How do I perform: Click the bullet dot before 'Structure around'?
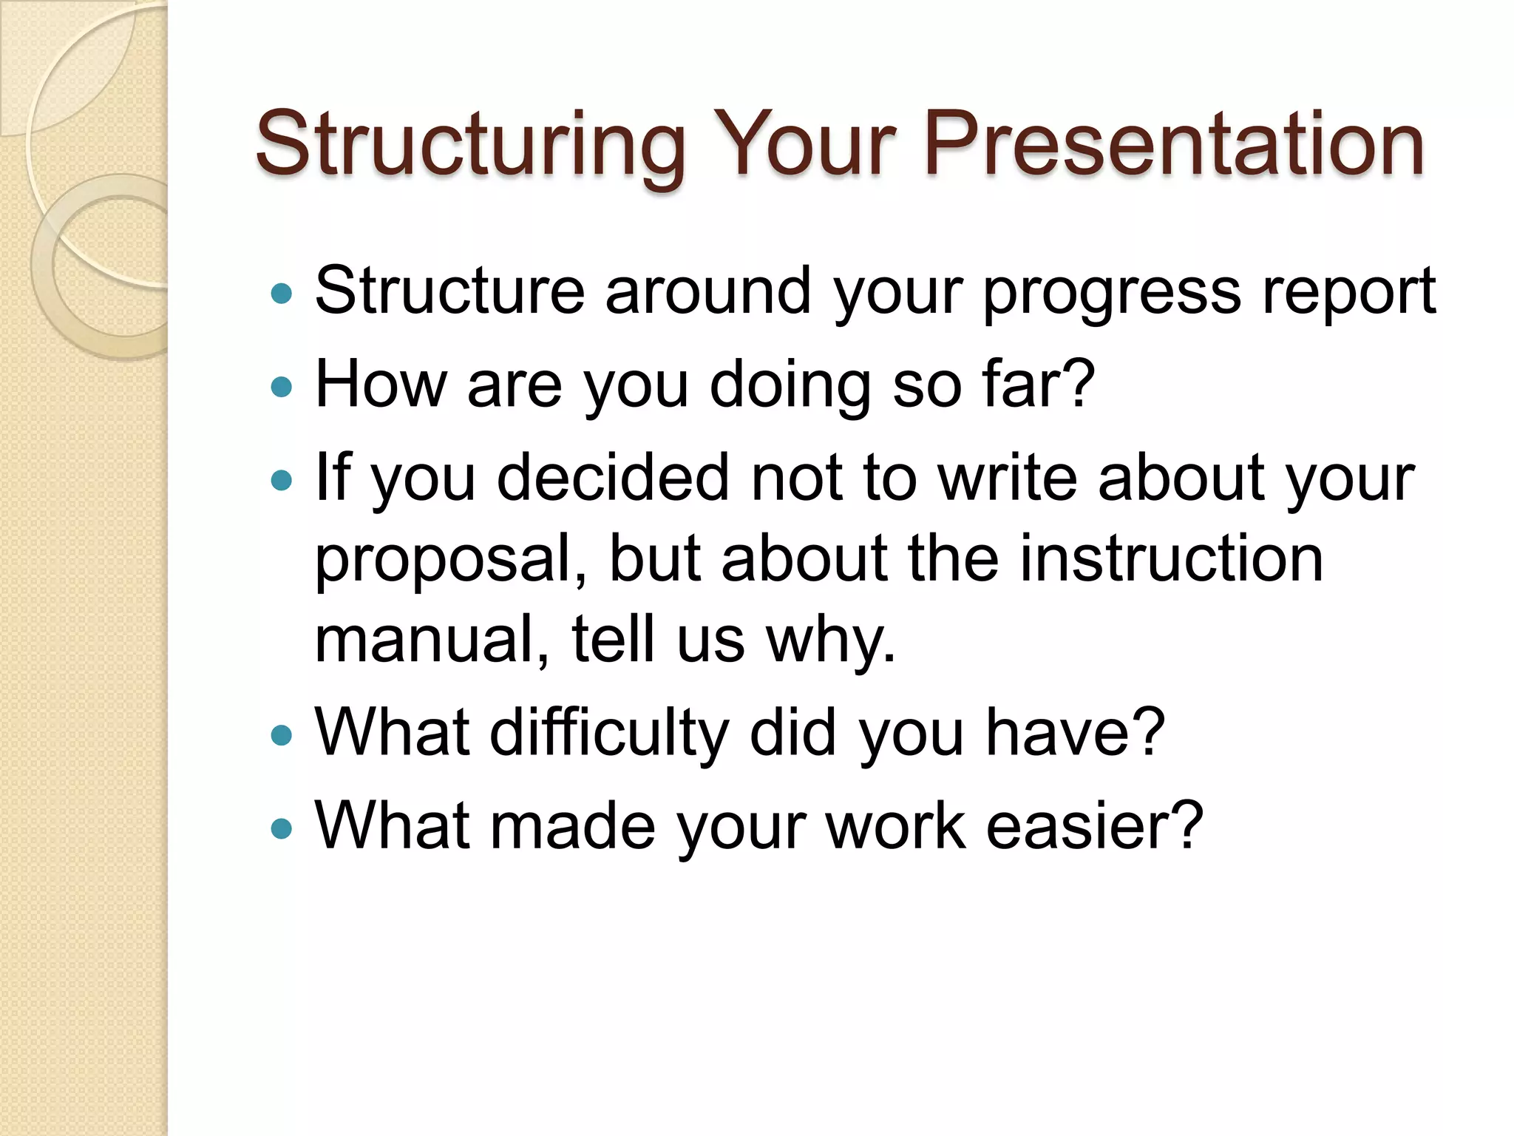click(x=282, y=294)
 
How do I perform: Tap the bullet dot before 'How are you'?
click(x=282, y=387)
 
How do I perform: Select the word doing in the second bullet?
click(x=790, y=387)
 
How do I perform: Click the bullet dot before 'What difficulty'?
click(x=282, y=735)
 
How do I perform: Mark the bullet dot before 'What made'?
click(x=282, y=828)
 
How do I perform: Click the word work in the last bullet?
click(x=895, y=826)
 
